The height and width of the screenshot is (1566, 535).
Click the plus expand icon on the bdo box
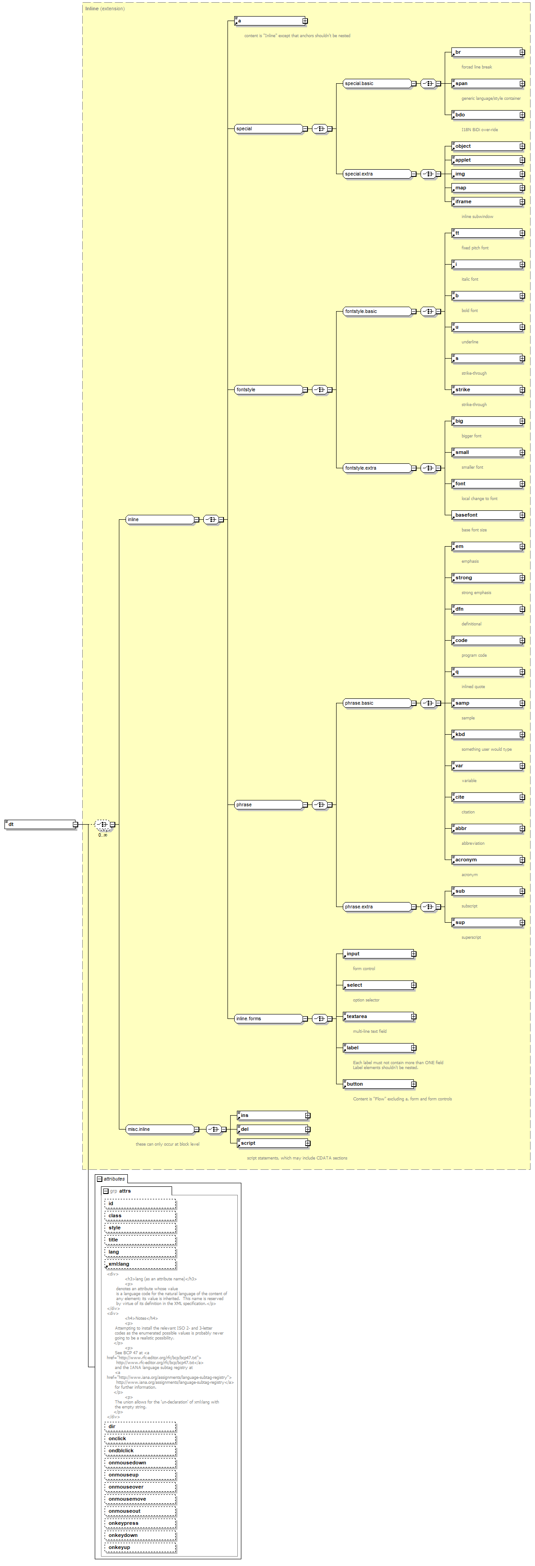[x=522, y=115]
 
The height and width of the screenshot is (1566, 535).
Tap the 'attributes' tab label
[x=114, y=1179]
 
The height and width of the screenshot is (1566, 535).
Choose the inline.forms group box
[x=268, y=1018]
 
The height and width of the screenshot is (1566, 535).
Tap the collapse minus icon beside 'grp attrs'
[x=105, y=1191]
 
